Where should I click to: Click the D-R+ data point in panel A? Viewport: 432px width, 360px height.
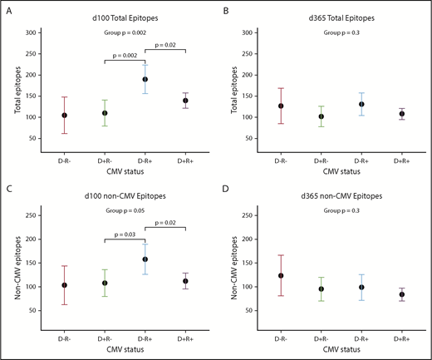145,80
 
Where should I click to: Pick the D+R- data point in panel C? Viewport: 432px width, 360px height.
104,283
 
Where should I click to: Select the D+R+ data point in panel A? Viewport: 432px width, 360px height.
185,100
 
